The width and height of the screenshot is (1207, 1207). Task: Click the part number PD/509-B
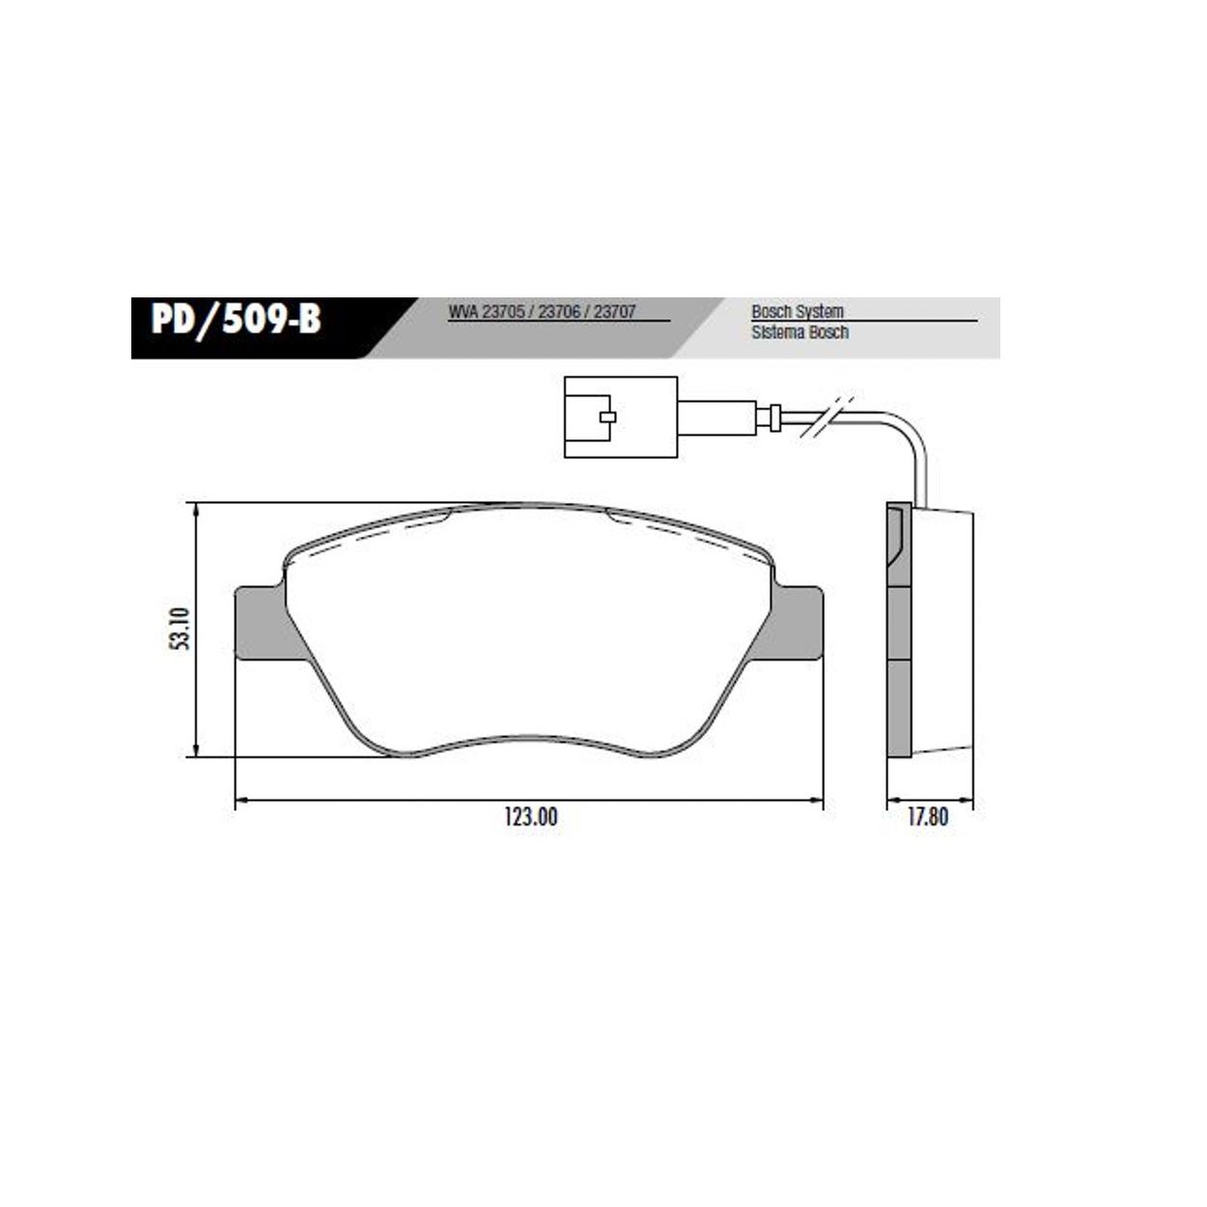pyautogui.click(x=236, y=320)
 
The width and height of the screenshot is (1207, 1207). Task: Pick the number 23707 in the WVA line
pyautogui.click(x=616, y=313)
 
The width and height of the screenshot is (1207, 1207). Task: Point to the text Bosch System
pyautogui.click(x=797, y=312)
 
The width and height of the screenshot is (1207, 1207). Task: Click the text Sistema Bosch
pyautogui.click(x=800, y=332)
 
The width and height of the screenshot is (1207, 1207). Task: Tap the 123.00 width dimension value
pyautogui.click(x=530, y=817)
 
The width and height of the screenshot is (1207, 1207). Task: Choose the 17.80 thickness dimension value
pyautogui.click(x=928, y=817)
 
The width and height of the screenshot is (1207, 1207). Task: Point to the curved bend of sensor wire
pyautogui.click(x=912, y=435)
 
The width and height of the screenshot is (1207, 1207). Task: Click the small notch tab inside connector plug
pyautogui.click(x=606, y=417)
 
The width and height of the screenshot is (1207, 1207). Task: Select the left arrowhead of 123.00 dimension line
pyautogui.click(x=240, y=800)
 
